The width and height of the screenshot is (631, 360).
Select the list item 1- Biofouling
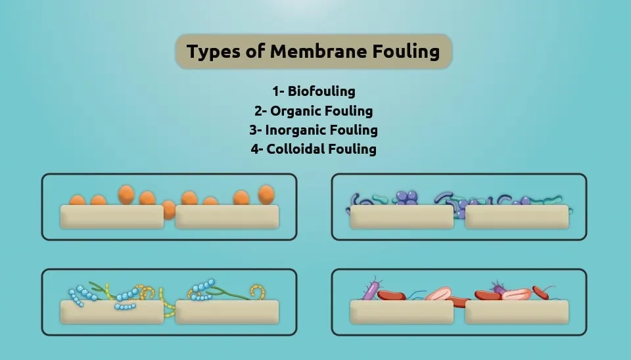pyautogui.click(x=314, y=91)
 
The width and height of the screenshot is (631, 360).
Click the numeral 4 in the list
pyautogui.click(x=254, y=148)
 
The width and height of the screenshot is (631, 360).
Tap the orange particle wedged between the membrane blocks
pyautogui.click(x=168, y=210)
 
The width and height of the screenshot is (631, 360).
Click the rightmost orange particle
pyautogui.click(x=266, y=194)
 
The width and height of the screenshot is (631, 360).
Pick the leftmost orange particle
pyautogui.click(x=78, y=200)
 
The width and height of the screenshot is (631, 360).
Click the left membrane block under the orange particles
pyautogui.click(x=112, y=217)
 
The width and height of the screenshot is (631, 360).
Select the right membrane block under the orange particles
pyautogui.click(x=227, y=217)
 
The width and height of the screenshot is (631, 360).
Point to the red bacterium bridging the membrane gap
pyautogui.click(x=457, y=302)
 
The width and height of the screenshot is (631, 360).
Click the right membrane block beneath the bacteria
pyautogui.click(x=517, y=312)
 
